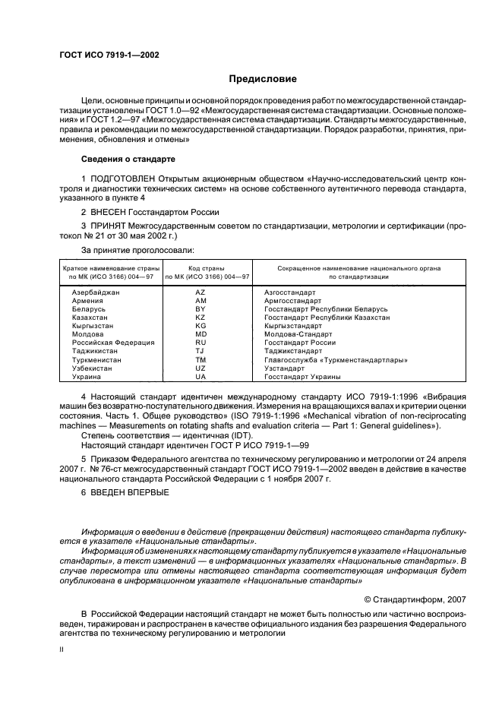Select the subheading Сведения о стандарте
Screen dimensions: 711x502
(128, 160)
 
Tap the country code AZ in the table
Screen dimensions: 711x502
(200, 292)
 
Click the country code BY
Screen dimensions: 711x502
(200, 309)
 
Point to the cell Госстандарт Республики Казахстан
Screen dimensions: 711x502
(327, 318)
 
